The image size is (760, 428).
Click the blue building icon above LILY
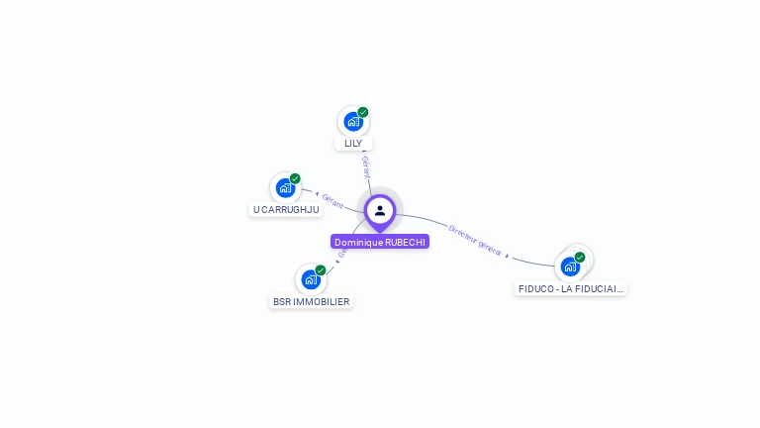click(352, 122)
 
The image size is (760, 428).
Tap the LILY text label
click(353, 144)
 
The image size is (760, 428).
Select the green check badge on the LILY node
click(363, 112)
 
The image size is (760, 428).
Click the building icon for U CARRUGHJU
click(285, 188)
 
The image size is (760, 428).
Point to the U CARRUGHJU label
click(286, 210)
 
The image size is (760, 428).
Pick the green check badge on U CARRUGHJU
click(295, 178)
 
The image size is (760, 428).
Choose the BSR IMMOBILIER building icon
click(311, 279)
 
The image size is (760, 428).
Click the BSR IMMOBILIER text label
click(311, 301)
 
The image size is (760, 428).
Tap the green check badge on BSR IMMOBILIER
click(321, 269)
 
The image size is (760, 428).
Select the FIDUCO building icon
click(570, 267)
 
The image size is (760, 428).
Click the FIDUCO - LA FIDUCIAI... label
click(571, 289)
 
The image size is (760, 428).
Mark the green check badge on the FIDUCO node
click(580, 257)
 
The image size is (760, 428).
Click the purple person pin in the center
click(380, 211)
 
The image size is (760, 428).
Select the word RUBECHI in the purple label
click(405, 242)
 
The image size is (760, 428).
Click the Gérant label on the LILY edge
click(366, 166)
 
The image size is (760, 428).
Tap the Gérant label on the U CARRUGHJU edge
click(332, 201)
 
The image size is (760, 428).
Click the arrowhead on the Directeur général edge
click(508, 256)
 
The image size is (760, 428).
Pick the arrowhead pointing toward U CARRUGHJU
click(316, 193)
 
